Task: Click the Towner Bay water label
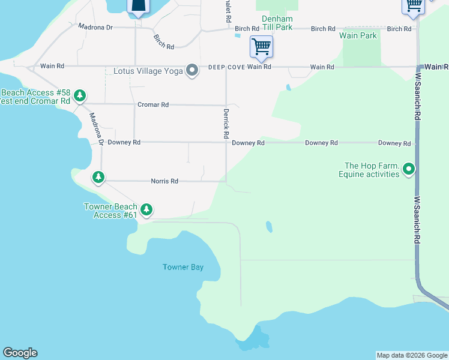click(x=183, y=267)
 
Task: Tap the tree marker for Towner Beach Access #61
click(x=146, y=210)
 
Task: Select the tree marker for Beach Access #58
click(x=79, y=96)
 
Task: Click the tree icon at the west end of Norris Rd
click(x=98, y=177)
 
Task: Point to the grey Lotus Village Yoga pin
click(x=192, y=71)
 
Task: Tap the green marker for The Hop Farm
click(x=409, y=170)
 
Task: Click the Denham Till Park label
click(x=277, y=23)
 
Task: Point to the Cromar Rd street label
click(x=153, y=105)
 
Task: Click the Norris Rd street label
click(x=164, y=181)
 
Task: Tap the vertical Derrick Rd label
click(x=226, y=120)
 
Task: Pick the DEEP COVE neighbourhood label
click(x=226, y=67)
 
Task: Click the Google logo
click(x=20, y=353)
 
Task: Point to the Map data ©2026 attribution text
click(x=411, y=355)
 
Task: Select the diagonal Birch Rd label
click(x=163, y=41)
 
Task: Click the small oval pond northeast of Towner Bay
click(x=268, y=227)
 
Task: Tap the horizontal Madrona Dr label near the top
click(x=95, y=28)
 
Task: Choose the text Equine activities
click(x=369, y=175)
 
